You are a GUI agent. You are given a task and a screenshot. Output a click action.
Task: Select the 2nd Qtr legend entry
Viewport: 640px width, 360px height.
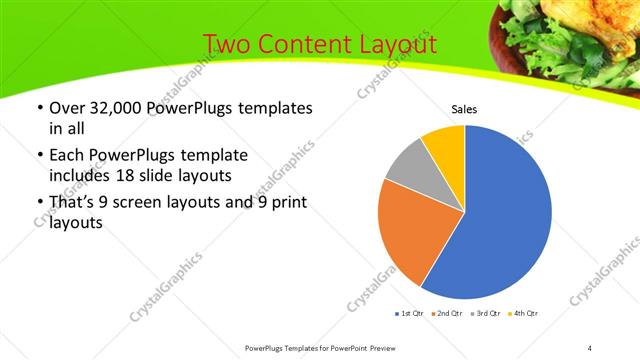point(446,314)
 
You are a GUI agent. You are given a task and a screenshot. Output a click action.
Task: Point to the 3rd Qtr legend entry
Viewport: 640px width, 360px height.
point(485,314)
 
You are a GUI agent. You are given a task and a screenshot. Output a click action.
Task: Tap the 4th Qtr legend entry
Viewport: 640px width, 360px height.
point(524,314)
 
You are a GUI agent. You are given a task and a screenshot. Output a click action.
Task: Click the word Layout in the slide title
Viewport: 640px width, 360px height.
point(392,44)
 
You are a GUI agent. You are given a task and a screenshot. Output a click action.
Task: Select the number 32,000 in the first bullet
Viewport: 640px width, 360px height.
point(112,108)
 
